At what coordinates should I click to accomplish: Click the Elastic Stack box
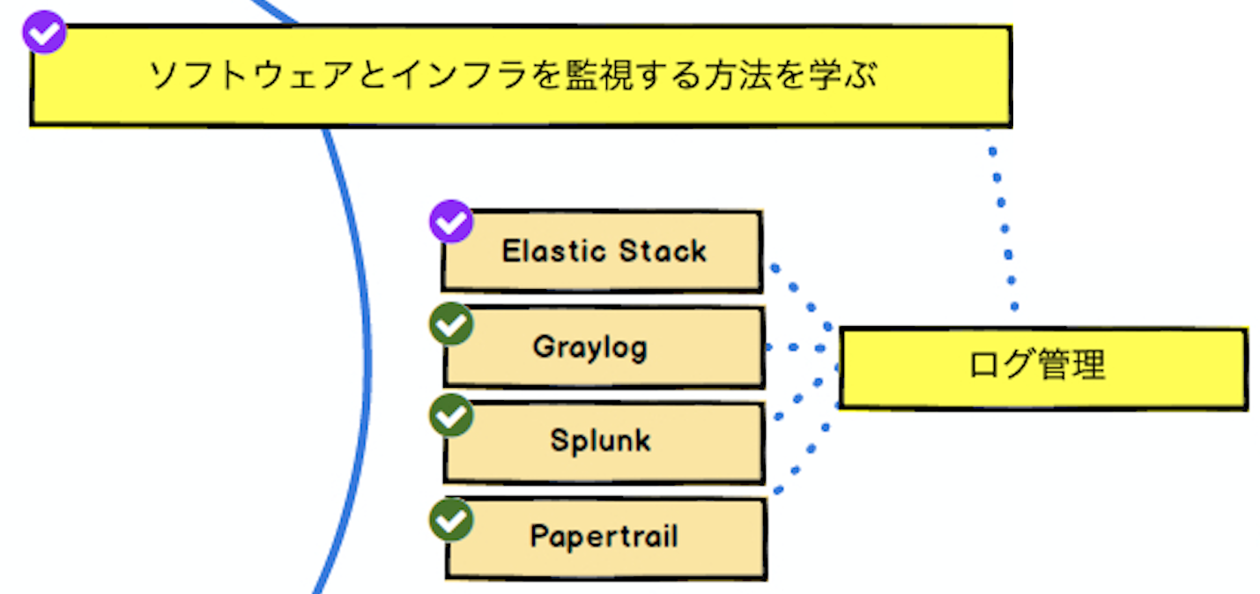point(602,251)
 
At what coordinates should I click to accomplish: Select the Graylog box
point(604,347)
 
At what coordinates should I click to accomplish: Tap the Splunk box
point(604,442)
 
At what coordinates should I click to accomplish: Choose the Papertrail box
point(606,538)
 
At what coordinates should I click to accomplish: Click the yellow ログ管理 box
point(1043,368)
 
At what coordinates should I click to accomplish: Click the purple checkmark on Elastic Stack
point(451,221)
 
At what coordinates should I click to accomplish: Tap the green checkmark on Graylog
point(451,324)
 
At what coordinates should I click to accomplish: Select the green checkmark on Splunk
point(451,416)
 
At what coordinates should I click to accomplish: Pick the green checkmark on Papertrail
point(451,520)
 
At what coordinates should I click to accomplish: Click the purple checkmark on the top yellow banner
point(44,32)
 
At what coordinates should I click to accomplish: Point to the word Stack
point(663,251)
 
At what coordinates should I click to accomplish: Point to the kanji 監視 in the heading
point(600,76)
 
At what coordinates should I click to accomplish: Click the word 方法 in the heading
point(738,76)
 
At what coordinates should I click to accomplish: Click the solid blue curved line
point(368,360)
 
